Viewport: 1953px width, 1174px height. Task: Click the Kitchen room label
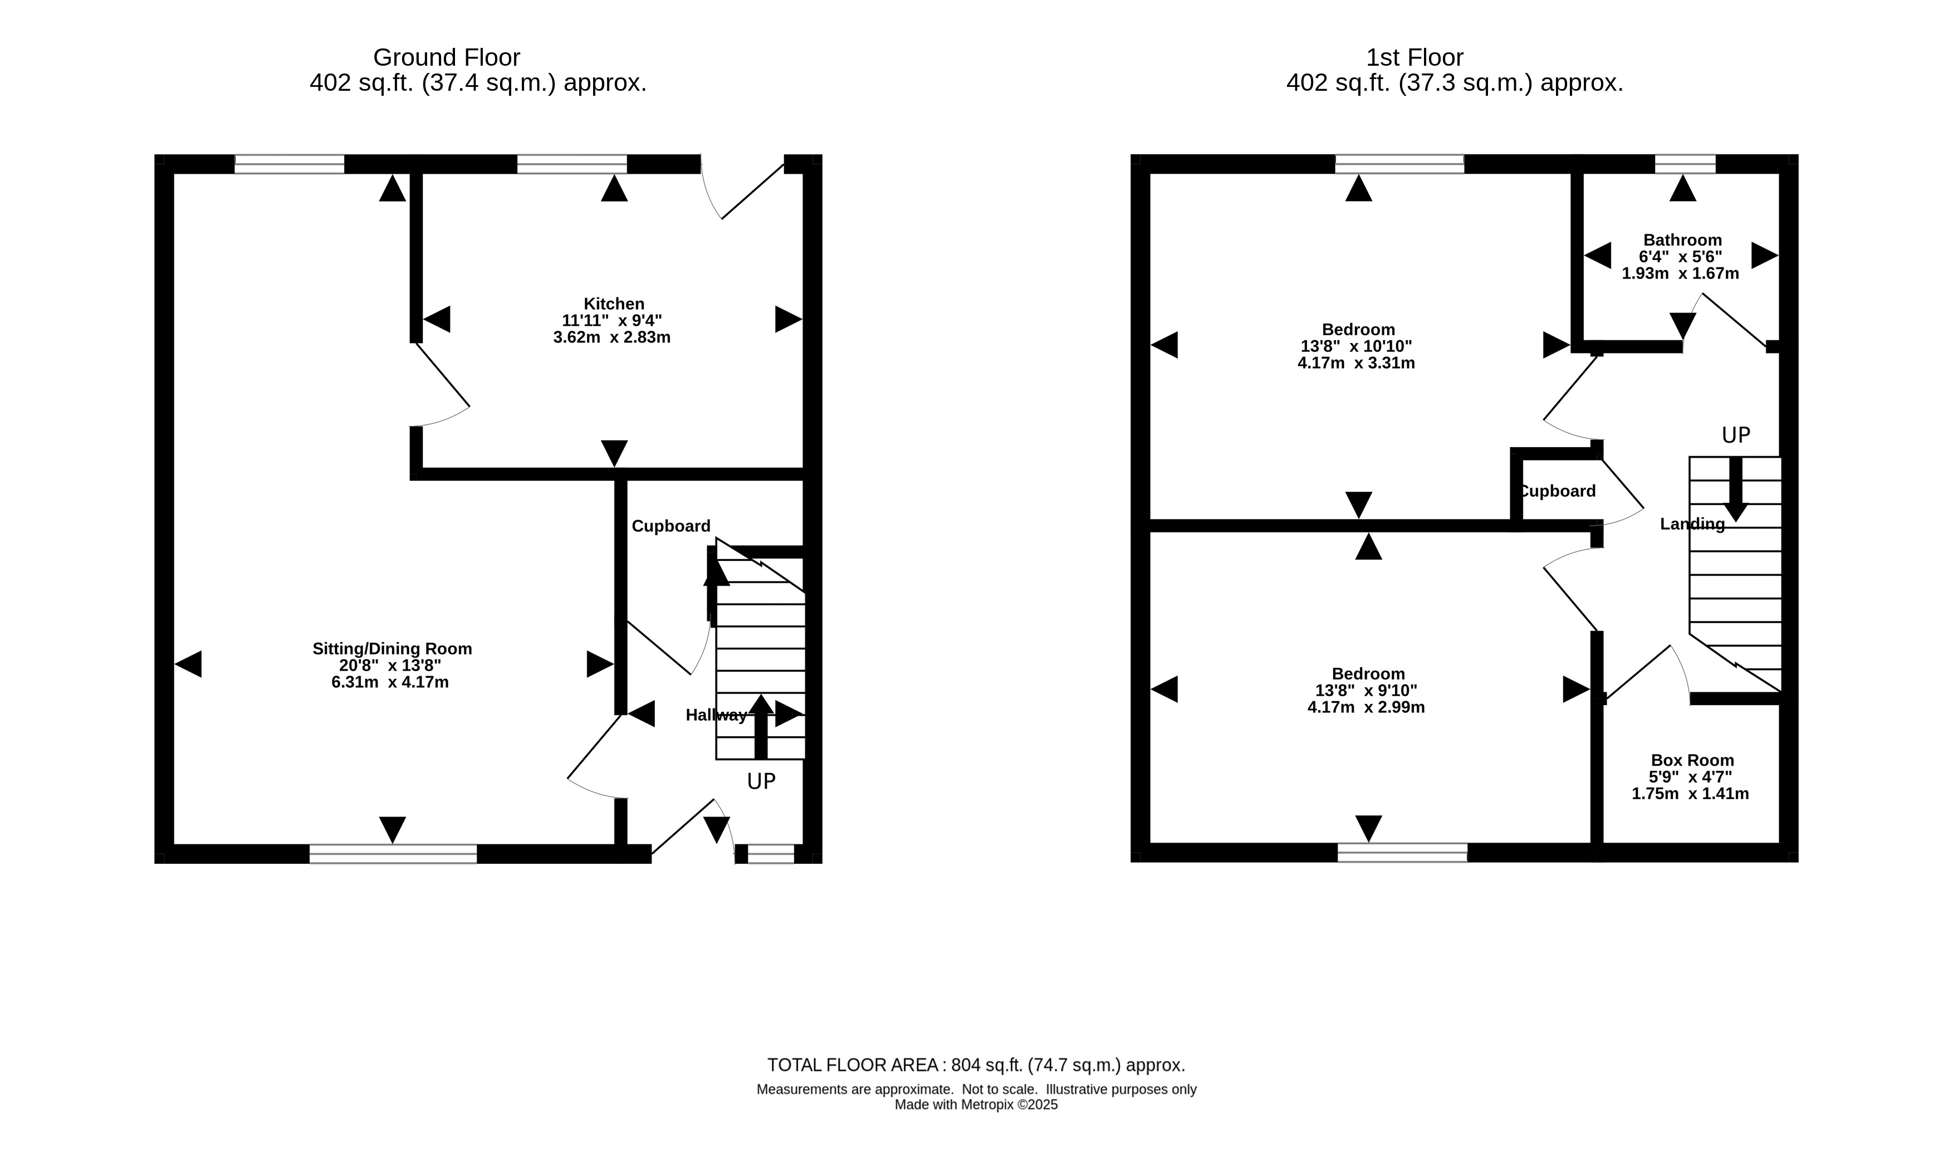tap(614, 304)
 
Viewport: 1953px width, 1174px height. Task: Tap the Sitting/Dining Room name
tap(393, 649)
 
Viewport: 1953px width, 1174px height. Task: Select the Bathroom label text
tap(1682, 239)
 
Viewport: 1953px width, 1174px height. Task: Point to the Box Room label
tap(1692, 760)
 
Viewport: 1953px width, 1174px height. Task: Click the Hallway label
tap(716, 715)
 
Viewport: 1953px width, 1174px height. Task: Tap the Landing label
tap(1692, 524)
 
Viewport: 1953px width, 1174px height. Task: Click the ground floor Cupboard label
tap(671, 526)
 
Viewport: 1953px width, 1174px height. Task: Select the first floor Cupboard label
tap(1556, 491)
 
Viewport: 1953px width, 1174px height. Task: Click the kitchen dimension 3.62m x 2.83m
tap(611, 337)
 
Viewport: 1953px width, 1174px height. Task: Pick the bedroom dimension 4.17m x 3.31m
tap(1356, 363)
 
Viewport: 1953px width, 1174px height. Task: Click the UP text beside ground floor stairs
tap(761, 781)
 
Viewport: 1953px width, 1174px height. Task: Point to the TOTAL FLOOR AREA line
tap(976, 1065)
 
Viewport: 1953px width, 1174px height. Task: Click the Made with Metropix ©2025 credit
tap(976, 1105)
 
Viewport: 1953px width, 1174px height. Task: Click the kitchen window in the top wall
tap(572, 164)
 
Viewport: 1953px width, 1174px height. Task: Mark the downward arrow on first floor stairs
tap(1735, 489)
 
